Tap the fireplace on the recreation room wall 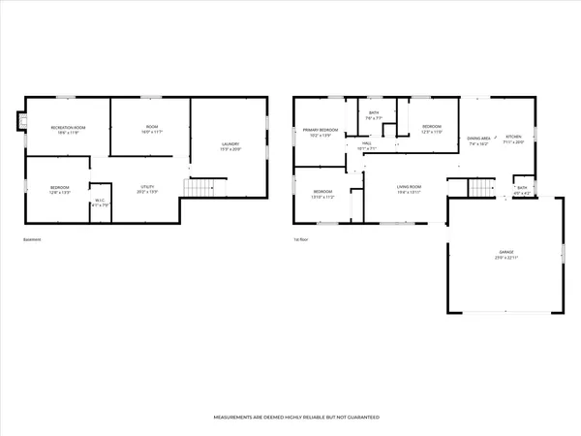point(17,123)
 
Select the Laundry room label point(229,145)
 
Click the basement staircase point(199,187)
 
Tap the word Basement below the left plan point(33,240)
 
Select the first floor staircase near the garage point(480,187)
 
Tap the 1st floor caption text point(301,240)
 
